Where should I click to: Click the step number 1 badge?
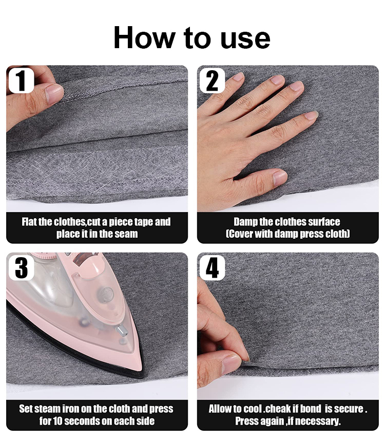coord(22,80)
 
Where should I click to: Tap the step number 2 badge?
coord(212,80)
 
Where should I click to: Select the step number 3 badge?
coord(22,268)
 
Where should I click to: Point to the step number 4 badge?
coord(212,268)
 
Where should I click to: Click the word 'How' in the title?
coord(144,37)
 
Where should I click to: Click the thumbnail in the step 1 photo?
coord(53,93)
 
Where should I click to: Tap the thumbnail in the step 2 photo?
coord(280,177)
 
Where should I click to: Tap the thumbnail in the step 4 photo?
coord(232,363)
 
